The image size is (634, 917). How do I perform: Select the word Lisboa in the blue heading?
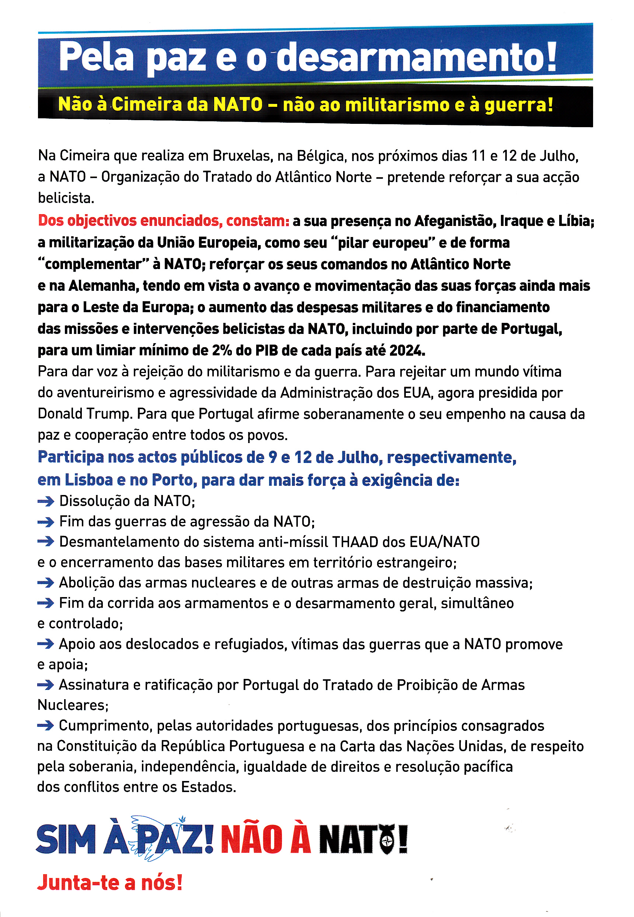[x=88, y=480]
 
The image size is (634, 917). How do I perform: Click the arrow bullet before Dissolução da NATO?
[x=46, y=502]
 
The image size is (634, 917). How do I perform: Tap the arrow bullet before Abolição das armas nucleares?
[x=46, y=583]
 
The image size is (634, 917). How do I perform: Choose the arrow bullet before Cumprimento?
[x=46, y=726]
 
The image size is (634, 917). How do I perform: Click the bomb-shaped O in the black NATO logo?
[x=387, y=840]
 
